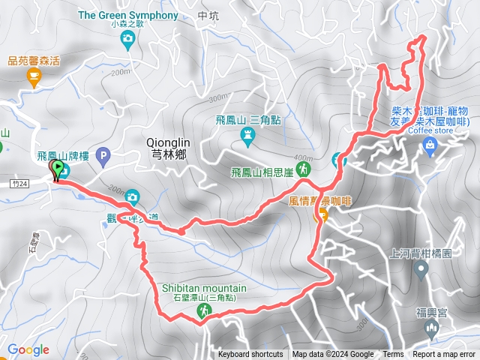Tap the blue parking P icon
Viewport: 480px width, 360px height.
pyautogui.click(x=103, y=156)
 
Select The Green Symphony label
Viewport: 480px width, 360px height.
pyautogui.click(x=127, y=14)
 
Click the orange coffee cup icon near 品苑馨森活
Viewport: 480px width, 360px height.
pyautogui.click(x=34, y=74)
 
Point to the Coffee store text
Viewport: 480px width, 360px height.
pyautogui.click(x=431, y=129)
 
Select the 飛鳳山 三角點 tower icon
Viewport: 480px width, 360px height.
pyautogui.click(x=248, y=135)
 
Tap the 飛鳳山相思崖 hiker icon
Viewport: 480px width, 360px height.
pyautogui.click(x=303, y=169)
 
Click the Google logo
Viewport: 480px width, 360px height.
pyautogui.click(x=28, y=349)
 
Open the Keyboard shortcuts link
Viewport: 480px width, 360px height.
pyautogui.click(x=250, y=355)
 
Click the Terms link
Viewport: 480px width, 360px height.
pyautogui.click(x=393, y=355)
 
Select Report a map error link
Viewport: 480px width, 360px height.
pyautogui.click(x=445, y=355)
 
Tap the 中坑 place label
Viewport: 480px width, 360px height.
pyautogui.click(x=207, y=14)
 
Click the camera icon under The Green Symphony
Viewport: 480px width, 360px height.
pyautogui.click(x=127, y=39)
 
